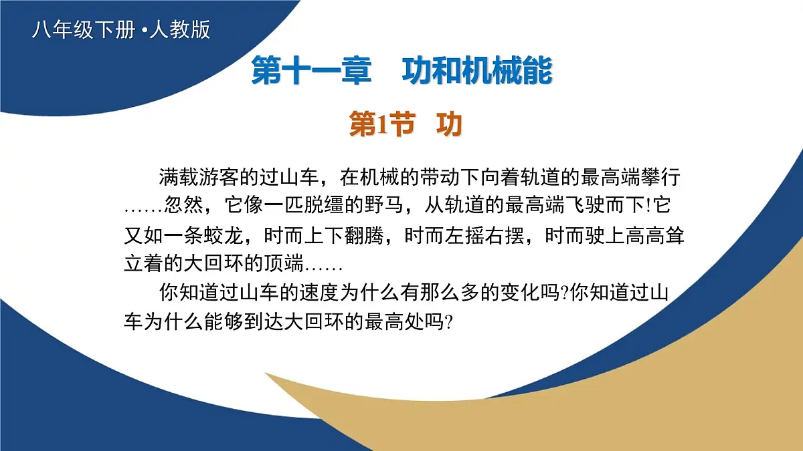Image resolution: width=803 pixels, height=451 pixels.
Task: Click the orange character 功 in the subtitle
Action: coord(449,124)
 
